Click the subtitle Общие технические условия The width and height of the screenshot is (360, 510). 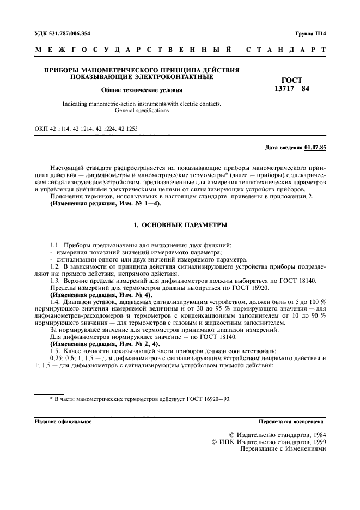click(142, 90)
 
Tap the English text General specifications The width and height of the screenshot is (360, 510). click(142, 110)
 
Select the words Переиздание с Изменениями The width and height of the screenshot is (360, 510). click(279, 449)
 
